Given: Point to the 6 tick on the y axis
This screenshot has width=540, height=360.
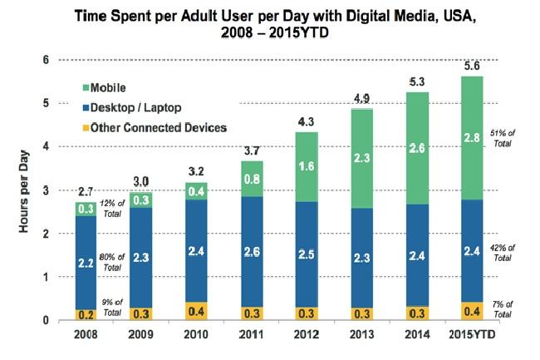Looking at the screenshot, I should coord(47,60).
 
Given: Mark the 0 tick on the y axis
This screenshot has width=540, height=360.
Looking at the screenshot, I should coord(47,320).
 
